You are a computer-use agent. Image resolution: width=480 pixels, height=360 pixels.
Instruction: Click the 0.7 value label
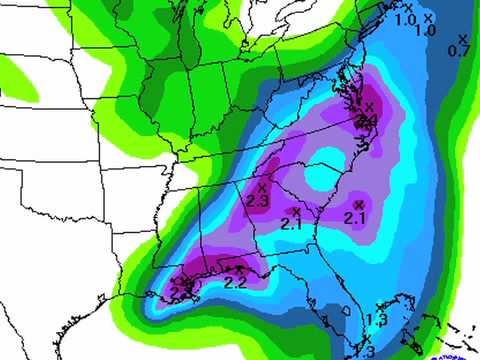[460, 50]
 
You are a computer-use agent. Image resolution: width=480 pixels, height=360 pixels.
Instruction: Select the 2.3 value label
[256, 201]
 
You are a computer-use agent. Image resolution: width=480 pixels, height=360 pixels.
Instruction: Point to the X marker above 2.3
[262, 187]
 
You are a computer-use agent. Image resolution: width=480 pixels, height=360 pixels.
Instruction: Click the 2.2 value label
[235, 282]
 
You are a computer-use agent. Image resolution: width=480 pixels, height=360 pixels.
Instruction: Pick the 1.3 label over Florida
[376, 320]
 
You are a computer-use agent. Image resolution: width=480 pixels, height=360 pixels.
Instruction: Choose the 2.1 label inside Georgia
[292, 225]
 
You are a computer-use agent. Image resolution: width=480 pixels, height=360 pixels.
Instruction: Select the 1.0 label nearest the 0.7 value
[424, 31]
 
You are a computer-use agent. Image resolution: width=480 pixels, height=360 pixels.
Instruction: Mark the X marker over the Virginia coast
[367, 107]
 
